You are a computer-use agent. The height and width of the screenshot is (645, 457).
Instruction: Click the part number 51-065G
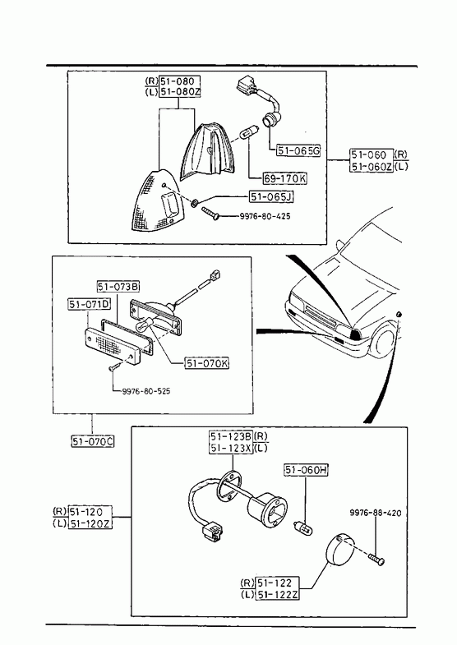tap(298, 150)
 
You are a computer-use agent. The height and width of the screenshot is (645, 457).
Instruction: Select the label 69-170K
tap(284, 178)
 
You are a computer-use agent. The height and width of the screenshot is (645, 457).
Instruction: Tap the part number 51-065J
tap(271, 197)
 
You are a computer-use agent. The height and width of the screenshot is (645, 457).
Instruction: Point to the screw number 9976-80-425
tap(265, 215)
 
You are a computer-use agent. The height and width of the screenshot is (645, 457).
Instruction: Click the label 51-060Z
tap(372, 167)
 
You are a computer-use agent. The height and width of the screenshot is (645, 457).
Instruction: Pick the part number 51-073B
tap(118, 286)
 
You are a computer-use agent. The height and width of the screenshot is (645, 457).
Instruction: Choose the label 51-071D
tap(90, 304)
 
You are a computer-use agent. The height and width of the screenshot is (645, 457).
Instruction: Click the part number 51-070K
tap(207, 363)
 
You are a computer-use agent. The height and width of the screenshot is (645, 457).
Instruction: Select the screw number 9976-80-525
tap(146, 391)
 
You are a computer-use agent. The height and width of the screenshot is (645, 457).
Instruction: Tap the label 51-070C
tap(93, 441)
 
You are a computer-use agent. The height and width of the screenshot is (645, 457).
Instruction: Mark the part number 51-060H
tap(306, 470)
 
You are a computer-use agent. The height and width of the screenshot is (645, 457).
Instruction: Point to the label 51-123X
tap(231, 448)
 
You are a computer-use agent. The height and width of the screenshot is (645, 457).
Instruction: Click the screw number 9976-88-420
tap(376, 513)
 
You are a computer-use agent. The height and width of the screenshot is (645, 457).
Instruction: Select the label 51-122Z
tap(277, 594)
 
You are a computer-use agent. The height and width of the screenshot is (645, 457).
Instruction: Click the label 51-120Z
tap(90, 523)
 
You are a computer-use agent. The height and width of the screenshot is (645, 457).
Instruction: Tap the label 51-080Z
tap(180, 92)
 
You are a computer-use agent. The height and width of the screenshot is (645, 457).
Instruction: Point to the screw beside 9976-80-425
tap(211, 214)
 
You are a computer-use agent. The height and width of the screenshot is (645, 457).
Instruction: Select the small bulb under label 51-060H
tap(302, 529)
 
